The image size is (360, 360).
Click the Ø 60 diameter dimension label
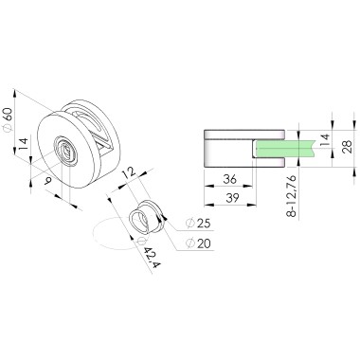point(8,119)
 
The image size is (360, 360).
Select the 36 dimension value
point(230,179)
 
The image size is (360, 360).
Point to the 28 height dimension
point(348,147)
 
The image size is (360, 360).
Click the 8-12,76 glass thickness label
point(292,196)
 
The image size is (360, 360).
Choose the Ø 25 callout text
point(198,224)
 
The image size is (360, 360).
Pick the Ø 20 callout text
point(198,243)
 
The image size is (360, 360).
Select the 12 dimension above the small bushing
point(129,172)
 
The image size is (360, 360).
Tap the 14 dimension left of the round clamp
point(23,144)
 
